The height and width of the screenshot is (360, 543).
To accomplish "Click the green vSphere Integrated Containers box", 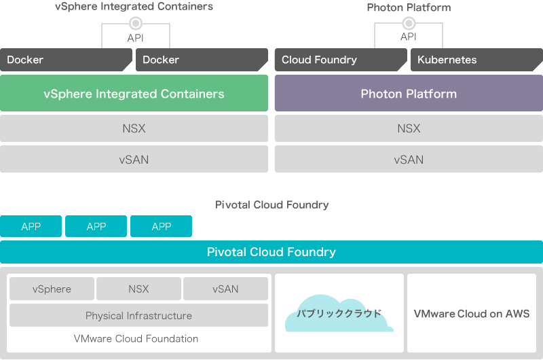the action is tap(134, 93).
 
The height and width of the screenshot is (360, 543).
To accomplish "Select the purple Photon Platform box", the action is tap(409, 93).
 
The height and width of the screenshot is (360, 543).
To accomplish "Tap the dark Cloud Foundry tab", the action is tap(341, 60).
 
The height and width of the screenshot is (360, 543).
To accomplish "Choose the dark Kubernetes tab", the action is tap(476, 60).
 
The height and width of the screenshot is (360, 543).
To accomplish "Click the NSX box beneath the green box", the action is tap(134, 128).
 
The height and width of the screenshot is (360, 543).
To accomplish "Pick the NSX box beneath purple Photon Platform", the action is tap(409, 128).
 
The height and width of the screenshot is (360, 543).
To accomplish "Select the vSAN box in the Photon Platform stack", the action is tap(409, 159).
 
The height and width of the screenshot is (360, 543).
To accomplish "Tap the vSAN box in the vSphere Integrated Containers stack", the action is tap(134, 159).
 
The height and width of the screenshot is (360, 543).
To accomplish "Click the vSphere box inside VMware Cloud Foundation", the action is tap(52, 289).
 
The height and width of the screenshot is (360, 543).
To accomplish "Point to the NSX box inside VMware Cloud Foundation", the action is tap(138, 289).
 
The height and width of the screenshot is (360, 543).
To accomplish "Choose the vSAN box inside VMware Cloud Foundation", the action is tap(225, 289).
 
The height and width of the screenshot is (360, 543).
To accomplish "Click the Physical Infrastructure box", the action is tap(138, 315).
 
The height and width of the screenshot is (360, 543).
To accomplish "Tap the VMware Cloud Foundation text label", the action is tap(136, 338).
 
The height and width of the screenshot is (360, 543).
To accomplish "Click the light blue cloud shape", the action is tap(339, 314).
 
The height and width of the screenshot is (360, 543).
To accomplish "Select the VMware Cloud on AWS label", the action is tap(472, 314).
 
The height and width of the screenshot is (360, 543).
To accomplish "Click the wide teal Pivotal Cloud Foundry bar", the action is tap(271, 252).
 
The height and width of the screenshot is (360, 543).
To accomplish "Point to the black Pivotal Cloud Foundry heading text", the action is tap(272, 204).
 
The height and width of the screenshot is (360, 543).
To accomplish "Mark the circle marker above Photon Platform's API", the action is tap(409, 23).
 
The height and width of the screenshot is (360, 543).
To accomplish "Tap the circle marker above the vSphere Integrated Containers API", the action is tap(136, 23).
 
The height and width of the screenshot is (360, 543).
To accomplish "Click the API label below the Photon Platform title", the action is tap(409, 37).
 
